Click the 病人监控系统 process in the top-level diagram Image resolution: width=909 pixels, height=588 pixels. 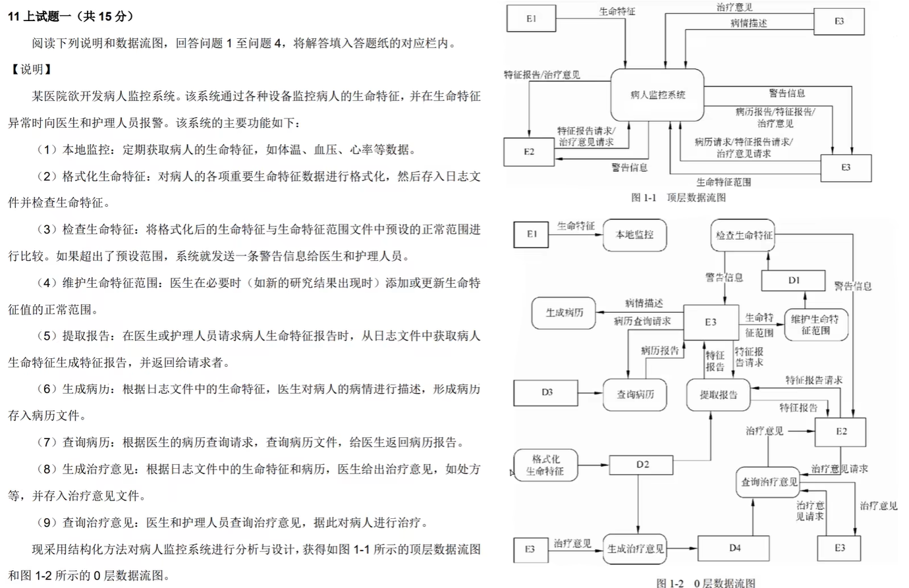(657, 95)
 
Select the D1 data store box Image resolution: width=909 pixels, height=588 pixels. (793, 281)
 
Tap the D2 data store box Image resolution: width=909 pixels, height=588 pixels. (642, 465)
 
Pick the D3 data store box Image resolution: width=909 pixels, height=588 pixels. (547, 392)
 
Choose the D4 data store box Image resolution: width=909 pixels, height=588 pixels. (734, 548)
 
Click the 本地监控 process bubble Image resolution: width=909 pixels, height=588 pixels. (634, 235)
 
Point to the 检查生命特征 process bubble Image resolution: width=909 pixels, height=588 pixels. (744, 235)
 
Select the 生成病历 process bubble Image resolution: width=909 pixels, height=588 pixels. (564, 313)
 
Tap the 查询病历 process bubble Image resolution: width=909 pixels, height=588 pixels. (635, 394)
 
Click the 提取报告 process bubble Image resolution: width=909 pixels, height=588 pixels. (718, 394)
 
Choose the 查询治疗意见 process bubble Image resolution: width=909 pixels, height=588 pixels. (769, 482)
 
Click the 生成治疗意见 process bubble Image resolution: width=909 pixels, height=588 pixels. (635, 548)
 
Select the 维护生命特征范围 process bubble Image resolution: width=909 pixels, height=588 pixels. (815, 325)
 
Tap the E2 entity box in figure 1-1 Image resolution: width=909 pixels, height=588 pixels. (529, 152)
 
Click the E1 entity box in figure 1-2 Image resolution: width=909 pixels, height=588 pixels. (532, 234)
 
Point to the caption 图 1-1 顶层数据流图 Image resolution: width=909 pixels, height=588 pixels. (678, 198)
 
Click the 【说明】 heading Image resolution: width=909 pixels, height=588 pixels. (30, 69)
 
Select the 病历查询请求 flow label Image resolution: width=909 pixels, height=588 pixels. (642, 321)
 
